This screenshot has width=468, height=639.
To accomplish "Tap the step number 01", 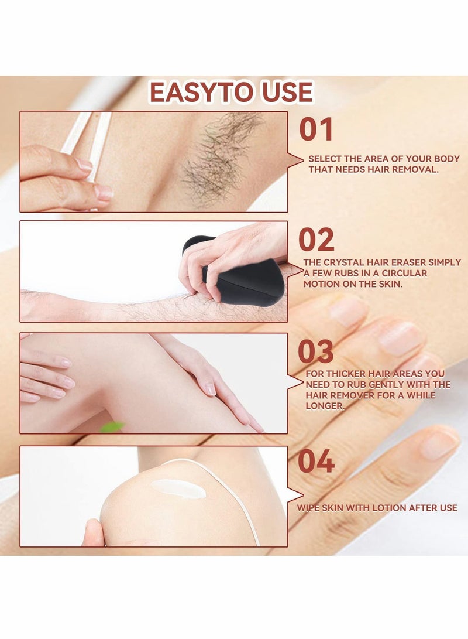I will pos(316,129).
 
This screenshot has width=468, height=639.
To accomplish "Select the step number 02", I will pos(316,240).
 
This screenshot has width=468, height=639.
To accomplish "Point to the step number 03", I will pos(316,352).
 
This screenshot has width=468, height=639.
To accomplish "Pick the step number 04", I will pos(316,462).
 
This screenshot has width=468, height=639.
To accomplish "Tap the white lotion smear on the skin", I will pos(178,488).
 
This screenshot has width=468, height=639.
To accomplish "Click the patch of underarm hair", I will pos(219,152).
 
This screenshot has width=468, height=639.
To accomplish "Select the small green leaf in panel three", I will pos(112,427).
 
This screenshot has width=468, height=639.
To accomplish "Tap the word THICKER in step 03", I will pos(345,374).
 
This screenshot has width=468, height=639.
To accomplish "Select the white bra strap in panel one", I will pos(94,138).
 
